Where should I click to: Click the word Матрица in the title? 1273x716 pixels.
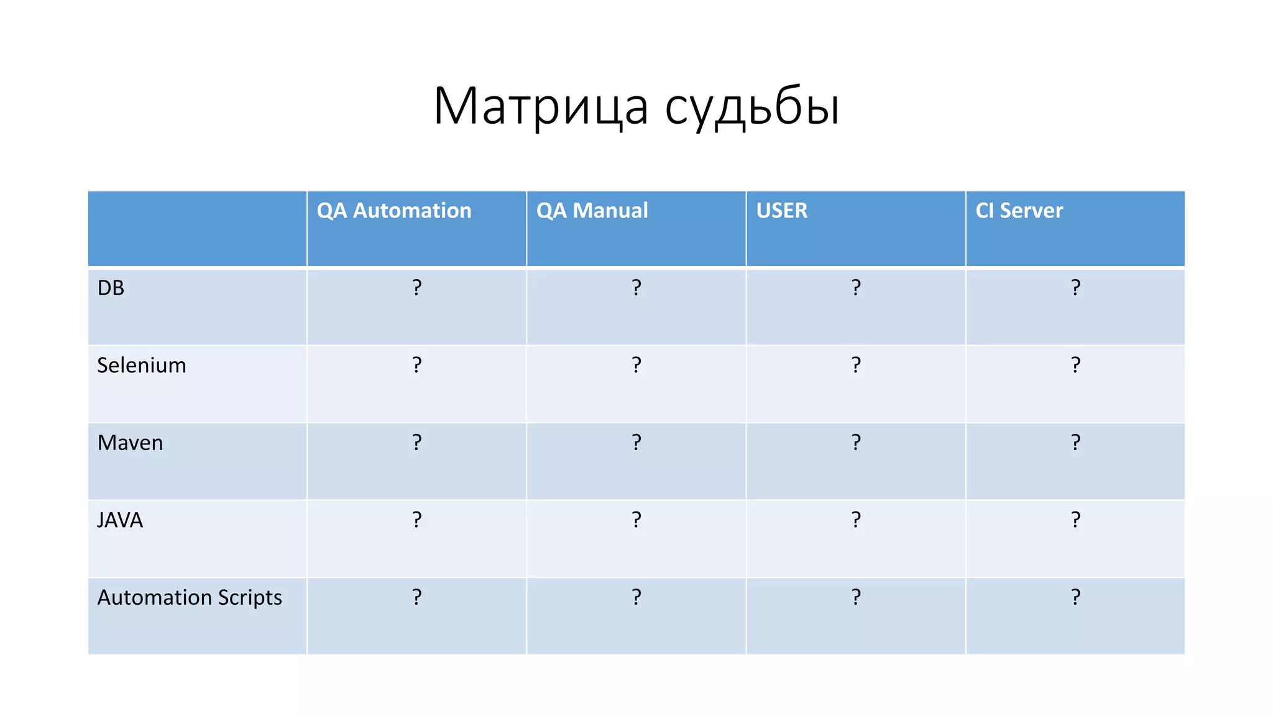[x=541, y=107]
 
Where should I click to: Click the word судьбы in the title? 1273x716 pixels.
[x=752, y=107]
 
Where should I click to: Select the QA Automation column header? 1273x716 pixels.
[x=394, y=211]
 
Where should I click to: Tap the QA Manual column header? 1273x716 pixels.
[x=592, y=211]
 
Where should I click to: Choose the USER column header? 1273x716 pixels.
[x=781, y=211]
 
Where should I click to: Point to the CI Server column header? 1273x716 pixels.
[x=1019, y=211]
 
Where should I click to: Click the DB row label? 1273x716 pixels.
[x=111, y=288]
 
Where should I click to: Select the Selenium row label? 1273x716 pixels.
[x=142, y=365]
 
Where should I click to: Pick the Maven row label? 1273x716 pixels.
[x=130, y=443]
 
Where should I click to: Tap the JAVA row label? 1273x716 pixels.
[x=120, y=520]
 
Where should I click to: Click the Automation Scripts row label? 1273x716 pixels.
[x=190, y=598]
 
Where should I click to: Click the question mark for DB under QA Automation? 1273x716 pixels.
[x=416, y=287]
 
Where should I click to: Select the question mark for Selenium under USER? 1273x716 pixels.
[x=856, y=365]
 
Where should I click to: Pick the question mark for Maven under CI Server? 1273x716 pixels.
[x=1075, y=442]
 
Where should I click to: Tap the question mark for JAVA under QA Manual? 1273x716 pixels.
[x=636, y=520]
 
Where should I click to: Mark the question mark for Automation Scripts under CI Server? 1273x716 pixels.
[x=1075, y=597]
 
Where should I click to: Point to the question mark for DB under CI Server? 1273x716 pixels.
[x=1075, y=287]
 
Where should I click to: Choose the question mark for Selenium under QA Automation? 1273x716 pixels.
[x=416, y=365]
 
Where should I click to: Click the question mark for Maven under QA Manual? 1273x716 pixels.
[x=636, y=442]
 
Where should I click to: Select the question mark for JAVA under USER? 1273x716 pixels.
[x=856, y=520]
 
